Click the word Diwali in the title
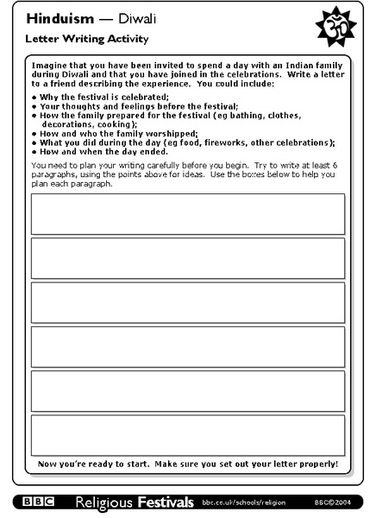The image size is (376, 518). coord(116,18)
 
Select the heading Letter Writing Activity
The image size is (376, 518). coord(74,39)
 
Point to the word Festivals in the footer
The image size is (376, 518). coord(163,501)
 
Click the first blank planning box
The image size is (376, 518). coord(188,214)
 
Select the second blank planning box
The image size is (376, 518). coord(188,258)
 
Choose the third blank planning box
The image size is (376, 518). coord(188,302)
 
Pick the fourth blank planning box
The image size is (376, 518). coord(188,347)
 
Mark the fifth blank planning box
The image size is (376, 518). coord(188,391)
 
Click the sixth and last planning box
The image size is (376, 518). coord(188,435)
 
